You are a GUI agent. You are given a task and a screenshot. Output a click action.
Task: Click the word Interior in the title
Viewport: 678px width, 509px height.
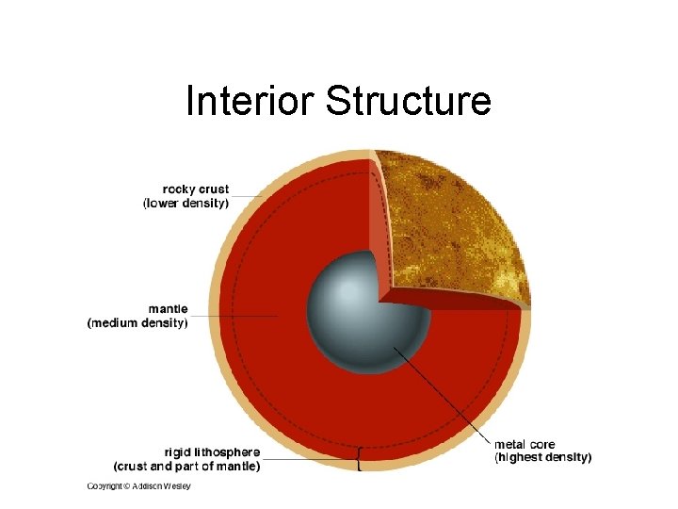coord(251,101)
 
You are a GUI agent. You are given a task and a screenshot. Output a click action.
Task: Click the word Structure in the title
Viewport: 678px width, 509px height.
coord(408,101)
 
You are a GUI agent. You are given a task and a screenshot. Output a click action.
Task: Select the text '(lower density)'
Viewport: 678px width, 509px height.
coord(186,204)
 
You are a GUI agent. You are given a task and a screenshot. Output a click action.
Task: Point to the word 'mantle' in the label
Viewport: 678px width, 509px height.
coord(168,308)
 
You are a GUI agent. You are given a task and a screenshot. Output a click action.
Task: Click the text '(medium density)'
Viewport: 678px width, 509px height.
coord(137,322)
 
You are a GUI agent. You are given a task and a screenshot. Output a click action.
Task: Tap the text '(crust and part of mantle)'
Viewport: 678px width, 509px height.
coord(187,466)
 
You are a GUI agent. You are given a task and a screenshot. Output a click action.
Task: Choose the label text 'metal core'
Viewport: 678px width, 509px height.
coord(525,444)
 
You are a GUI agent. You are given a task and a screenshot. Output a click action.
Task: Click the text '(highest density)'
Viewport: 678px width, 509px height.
coord(543,457)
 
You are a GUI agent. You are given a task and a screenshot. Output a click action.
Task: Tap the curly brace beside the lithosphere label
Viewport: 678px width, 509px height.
coord(359,460)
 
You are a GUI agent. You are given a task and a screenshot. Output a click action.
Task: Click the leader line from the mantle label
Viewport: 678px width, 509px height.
coord(235,316)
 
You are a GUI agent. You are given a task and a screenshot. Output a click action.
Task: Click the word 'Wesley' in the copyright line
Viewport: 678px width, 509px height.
coord(176,486)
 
